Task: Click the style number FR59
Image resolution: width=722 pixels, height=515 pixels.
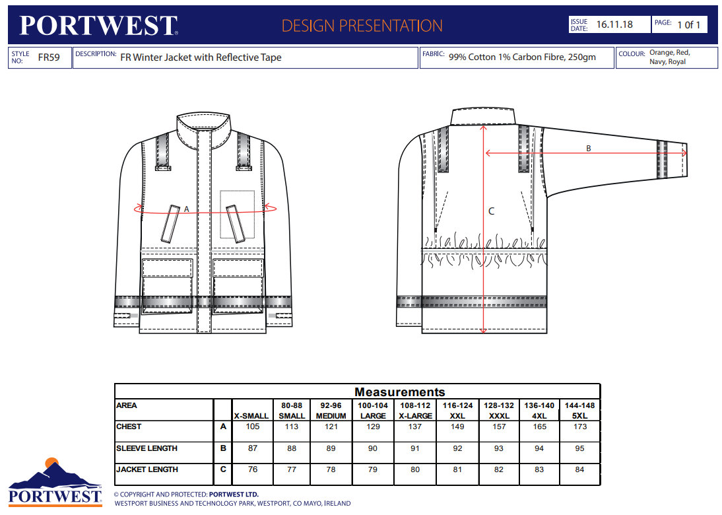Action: pyautogui.click(x=49, y=57)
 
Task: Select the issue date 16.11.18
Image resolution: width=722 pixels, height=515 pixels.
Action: pyautogui.click(x=614, y=24)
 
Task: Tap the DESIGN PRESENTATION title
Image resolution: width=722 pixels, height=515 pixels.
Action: pyautogui.click(x=362, y=26)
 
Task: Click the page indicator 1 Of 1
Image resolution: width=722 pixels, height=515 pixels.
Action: pyautogui.click(x=688, y=24)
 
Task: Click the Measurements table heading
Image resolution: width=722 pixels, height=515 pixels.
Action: pyautogui.click(x=399, y=392)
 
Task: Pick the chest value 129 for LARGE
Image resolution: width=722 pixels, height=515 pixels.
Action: pyautogui.click(x=373, y=427)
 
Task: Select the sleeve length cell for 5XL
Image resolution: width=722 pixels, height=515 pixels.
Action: pyautogui.click(x=580, y=448)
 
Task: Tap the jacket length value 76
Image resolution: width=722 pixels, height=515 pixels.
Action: pyautogui.click(x=252, y=469)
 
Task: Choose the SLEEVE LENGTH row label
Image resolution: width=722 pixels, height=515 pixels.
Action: pyautogui.click(x=147, y=448)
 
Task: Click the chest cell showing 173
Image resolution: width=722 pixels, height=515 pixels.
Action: pyautogui.click(x=580, y=427)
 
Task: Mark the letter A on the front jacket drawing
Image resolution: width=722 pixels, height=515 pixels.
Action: pyautogui.click(x=187, y=209)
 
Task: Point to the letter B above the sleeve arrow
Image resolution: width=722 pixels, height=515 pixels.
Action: pyautogui.click(x=589, y=149)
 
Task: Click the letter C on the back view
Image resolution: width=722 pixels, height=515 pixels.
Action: pyautogui.click(x=491, y=211)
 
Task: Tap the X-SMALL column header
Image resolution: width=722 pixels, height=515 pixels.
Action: pyautogui.click(x=252, y=415)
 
